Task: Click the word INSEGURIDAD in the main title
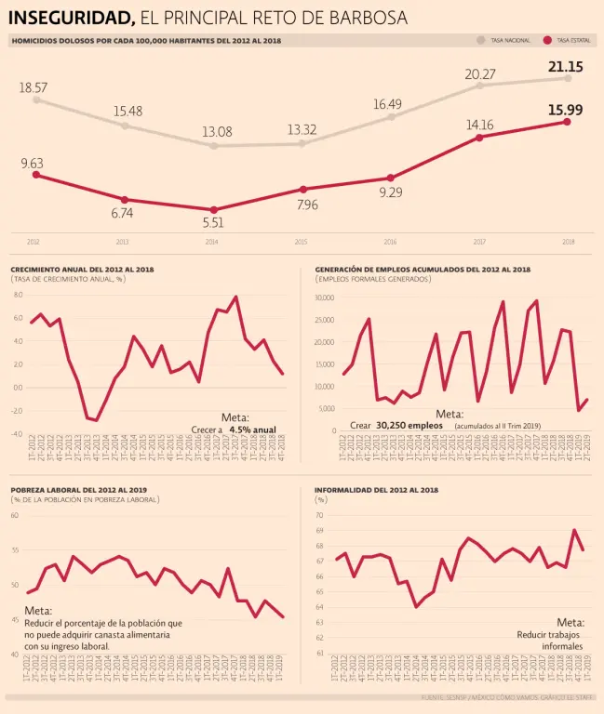(71, 18)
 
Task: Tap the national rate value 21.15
(565, 67)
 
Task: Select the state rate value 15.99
(565, 110)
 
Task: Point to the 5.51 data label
(213, 223)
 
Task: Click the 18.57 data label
(34, 87)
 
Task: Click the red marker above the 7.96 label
(302, 189)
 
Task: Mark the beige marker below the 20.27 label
(479, 86)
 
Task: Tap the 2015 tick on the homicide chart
(301, 242)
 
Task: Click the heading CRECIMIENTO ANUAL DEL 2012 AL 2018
(82, 270)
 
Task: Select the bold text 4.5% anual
(252, 430)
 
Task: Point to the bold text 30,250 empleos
(409, 425)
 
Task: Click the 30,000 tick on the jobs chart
(324, 297)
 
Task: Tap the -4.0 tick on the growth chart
(18, 434)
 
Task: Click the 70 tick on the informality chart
(319, 515)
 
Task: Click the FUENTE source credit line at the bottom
(507, 696)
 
